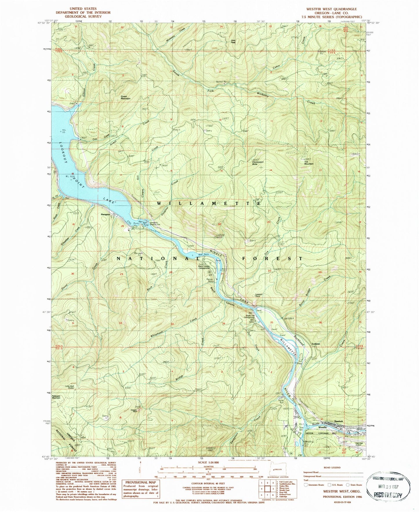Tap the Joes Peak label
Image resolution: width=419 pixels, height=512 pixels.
point(233,41)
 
